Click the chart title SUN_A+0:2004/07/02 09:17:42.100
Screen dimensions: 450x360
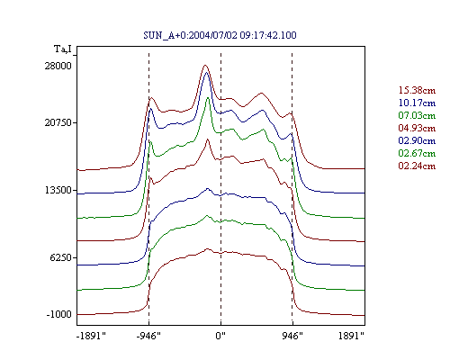click(220, 35)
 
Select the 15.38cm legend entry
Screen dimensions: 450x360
click(417, 90)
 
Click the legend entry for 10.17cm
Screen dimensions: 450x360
click(417, 103)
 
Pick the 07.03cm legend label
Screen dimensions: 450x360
click(417, 115)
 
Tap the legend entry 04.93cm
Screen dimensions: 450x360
click(417, 128)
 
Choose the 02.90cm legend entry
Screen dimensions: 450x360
click(417, 140)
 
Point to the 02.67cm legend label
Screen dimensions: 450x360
click(417, 153)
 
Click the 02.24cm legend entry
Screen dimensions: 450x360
click(417, 166)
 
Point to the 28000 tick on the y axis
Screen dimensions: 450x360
click(58, 66)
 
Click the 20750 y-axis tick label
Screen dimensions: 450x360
click(58, 122)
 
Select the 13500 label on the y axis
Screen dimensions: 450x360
click(58, 190)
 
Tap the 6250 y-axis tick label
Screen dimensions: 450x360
click(61, 257)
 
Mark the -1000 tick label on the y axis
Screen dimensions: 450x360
click(59, 314)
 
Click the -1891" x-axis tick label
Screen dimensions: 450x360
click(92, 336)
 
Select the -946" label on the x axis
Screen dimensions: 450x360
click(148, 336)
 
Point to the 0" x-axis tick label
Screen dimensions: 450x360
click(220, 336)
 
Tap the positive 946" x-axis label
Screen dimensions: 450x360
click(292, 336)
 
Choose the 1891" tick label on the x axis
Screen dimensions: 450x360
click(351, 336)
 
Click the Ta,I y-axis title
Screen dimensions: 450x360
click(63, 49)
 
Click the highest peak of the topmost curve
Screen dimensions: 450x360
click(205, 65)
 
